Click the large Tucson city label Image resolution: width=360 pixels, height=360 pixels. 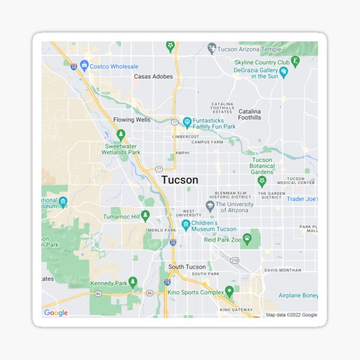click(x=179, y=180)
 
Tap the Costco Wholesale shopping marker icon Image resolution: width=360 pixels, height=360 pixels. click(x=85, y=65)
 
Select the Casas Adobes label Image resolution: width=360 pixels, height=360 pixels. click(x=153, y=77)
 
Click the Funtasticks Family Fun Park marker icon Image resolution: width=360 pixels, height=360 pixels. click(x=187, y=122)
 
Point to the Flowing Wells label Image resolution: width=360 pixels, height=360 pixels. click(x=132, y=120)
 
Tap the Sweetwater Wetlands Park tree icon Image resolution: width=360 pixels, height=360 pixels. click(x=121, y=134)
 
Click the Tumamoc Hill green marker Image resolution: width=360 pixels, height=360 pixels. click(x=145, y=215)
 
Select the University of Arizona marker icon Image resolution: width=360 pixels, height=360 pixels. click(x=210, y=206)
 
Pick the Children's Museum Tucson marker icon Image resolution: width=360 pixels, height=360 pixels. click(x=186, y=225)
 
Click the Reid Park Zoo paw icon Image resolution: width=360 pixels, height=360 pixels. click(x=247, y=239)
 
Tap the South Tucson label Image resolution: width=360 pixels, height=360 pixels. click(x=187, y=267)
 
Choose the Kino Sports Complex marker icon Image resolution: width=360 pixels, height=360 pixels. click(x=229, y=292)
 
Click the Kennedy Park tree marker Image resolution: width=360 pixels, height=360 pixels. click(x=133, y=282)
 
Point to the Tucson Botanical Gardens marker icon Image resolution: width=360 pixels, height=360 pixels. click(x=262, y=180)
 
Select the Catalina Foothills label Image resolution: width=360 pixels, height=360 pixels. click(x=250, y=115)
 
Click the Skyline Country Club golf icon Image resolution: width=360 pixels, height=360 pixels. click(x=295, y=61)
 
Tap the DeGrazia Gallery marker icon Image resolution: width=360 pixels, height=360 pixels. click(x=284, y=72)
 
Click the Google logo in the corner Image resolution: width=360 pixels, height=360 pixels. click(x=56, y=313)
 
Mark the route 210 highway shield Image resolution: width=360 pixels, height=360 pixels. click(x=234, y=260)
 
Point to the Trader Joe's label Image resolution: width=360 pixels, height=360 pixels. click(x=302, y=199)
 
